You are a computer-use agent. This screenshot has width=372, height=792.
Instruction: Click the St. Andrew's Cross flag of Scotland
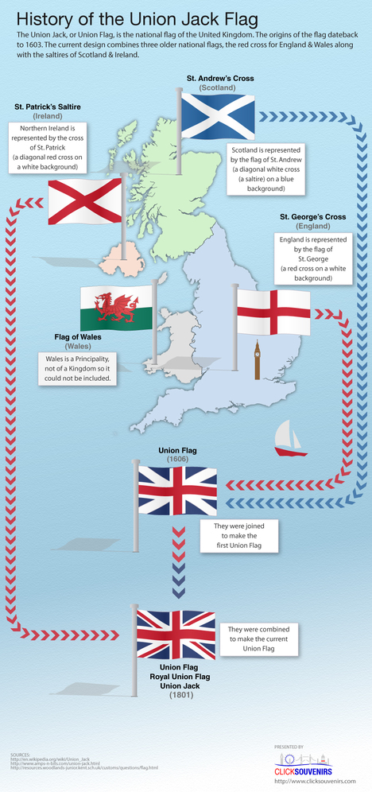coord(218,115)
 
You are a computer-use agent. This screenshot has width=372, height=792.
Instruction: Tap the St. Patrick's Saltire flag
coord(85,201)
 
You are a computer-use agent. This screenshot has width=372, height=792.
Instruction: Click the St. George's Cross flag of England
coord(273,311)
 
